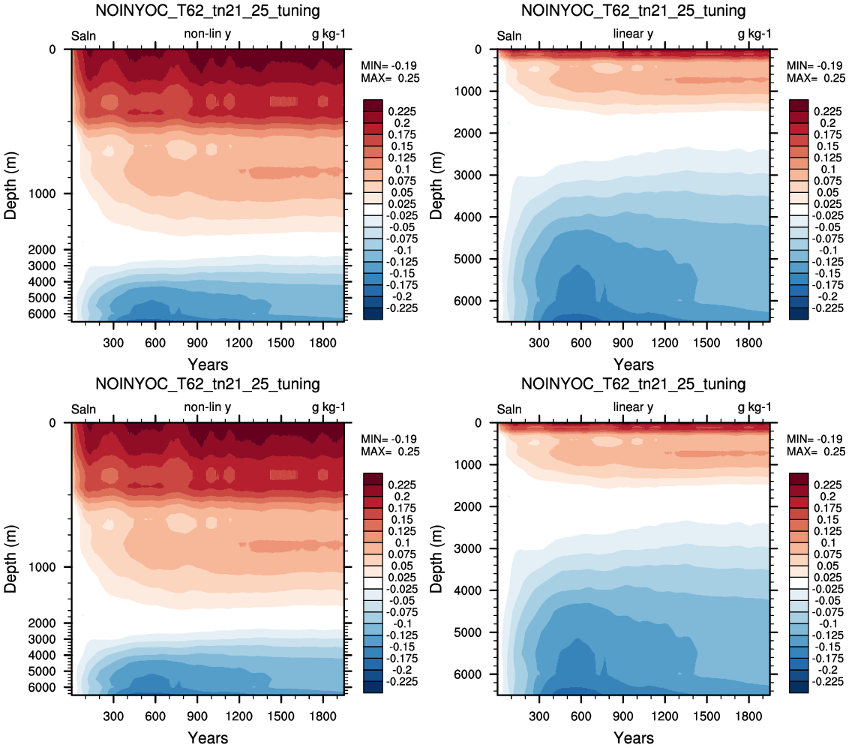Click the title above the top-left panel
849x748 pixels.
(208, 11)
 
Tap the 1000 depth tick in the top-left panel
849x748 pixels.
(42, 194)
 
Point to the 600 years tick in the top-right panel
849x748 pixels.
(581, 342)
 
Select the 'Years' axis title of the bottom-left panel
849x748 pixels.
(208, 737)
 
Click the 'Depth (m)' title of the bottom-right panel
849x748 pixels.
(436, 558)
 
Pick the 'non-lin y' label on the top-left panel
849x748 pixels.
(208, 34)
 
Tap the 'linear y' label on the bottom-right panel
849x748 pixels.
(633, 407)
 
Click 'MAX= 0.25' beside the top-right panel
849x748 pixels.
(816, 78)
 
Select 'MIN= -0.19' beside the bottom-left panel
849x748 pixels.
(391, 439)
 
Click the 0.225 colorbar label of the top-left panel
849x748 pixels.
(402, 112)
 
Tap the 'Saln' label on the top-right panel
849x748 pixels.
(509, 36)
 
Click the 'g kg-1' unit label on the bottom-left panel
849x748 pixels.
(328, 407)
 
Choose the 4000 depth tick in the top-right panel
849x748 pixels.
(468, 217)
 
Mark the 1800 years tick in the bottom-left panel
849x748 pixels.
(322, 716)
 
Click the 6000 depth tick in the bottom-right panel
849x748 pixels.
(468, 674)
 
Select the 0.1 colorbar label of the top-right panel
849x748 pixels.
(828, 170)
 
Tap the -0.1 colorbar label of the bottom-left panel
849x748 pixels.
(402, 624)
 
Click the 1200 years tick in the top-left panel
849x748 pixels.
(238, 342)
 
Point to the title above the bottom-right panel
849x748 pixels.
(634, 384)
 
